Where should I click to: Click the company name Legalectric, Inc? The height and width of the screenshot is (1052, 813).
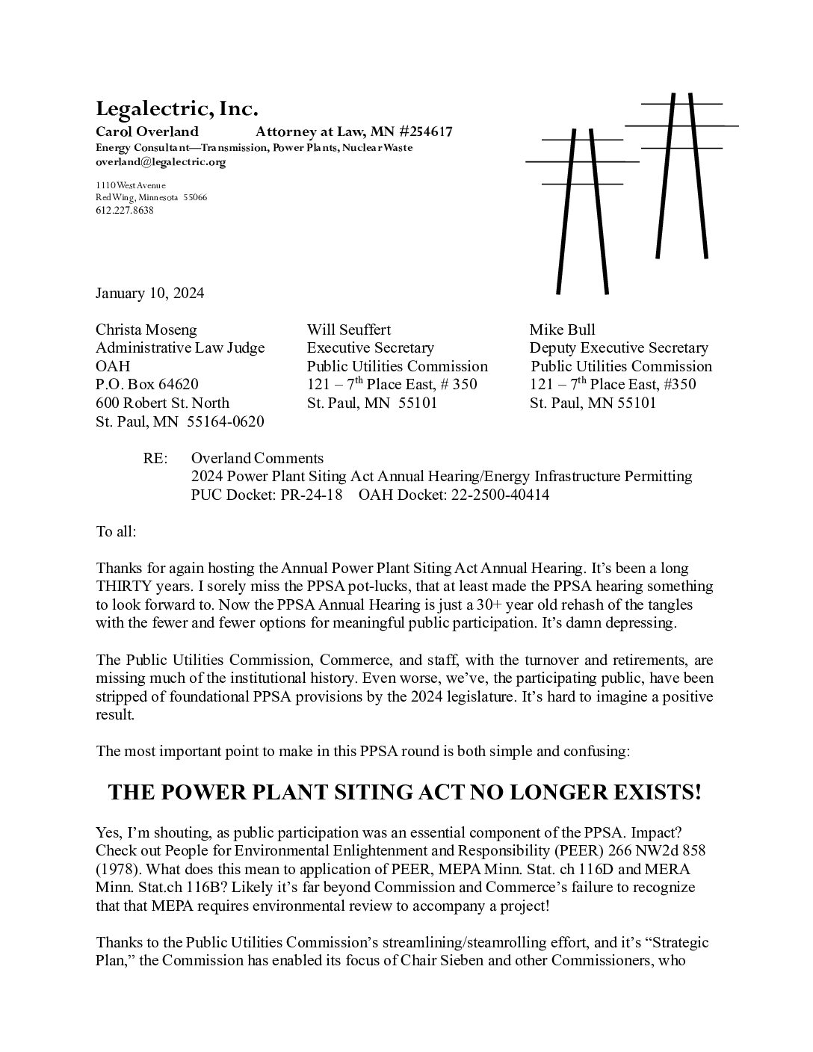click(x=176, y=109)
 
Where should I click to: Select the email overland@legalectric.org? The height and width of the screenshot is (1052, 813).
click(x=161, y=161)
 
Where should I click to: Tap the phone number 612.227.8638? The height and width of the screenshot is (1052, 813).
click(x=125, y=210)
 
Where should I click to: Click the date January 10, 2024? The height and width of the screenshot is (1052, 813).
click(x=149, y=293)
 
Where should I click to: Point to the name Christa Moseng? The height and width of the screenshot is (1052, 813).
click(x=146, y=329)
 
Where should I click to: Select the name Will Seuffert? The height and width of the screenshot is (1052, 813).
click(x=349, y=329)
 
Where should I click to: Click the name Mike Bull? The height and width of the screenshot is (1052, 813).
click(x=563, y=329)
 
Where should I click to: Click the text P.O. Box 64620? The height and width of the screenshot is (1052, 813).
click(x=147, y=384)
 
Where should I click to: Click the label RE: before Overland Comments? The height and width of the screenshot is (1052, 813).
click(x=155, y=458)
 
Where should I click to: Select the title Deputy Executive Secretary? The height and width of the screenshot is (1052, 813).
click(x=619, y=347)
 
